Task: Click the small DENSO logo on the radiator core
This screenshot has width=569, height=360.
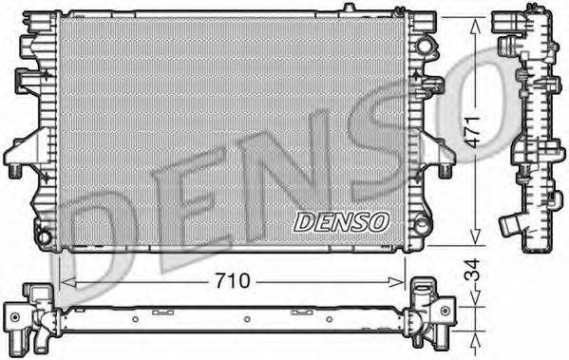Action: (x=341, y=221)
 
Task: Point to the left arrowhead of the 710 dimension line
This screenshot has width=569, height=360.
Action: (x=65, y=281)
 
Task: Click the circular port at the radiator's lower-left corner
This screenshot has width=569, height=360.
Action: (x=42, y=234)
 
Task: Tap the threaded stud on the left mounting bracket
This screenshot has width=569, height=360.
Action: (x=16, y=172)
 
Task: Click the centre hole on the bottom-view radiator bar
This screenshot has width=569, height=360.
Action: (x=245, y=319)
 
